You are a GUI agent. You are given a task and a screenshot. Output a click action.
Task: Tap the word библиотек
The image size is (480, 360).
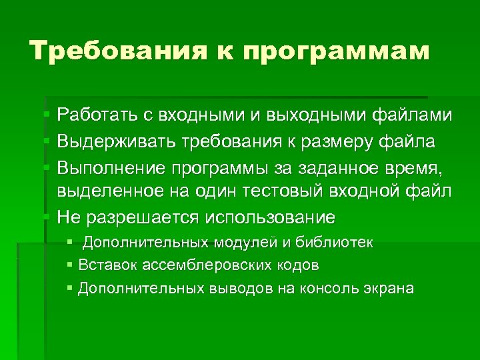point(339,243)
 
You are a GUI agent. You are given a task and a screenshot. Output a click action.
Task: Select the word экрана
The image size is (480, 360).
point(390,288)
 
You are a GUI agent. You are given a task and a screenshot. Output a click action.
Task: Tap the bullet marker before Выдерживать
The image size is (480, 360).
point(47,141)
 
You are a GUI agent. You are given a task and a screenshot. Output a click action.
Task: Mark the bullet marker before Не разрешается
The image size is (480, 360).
point(47,217)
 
